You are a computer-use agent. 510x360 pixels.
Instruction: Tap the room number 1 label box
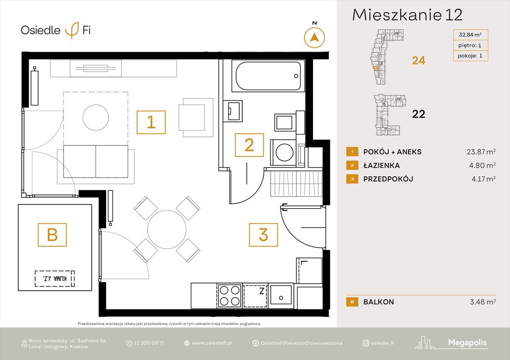coord(151,122)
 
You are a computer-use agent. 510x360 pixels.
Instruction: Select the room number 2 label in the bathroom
coord(249,145)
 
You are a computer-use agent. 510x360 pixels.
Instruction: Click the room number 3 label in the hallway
coord(263,234)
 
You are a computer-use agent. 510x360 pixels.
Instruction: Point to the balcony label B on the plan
coord(52,234)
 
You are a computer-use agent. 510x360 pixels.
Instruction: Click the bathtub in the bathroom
coord(268,76)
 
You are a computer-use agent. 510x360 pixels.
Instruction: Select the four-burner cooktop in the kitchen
coord(229,295)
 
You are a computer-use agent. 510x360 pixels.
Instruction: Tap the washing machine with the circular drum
coord(284,152)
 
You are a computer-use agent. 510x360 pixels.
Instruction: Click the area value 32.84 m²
coord(471,34)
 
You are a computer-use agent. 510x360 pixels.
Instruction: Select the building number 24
coord(418,60)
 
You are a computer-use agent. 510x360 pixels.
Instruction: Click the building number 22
coord(418,114)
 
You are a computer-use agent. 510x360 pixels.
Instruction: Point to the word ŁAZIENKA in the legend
coord(381,165)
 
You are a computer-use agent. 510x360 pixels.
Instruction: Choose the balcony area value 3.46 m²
coord(483,302)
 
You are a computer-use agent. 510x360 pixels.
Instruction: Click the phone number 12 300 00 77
coord(149,343)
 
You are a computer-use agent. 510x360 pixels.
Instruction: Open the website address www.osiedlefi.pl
coord(212,343)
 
